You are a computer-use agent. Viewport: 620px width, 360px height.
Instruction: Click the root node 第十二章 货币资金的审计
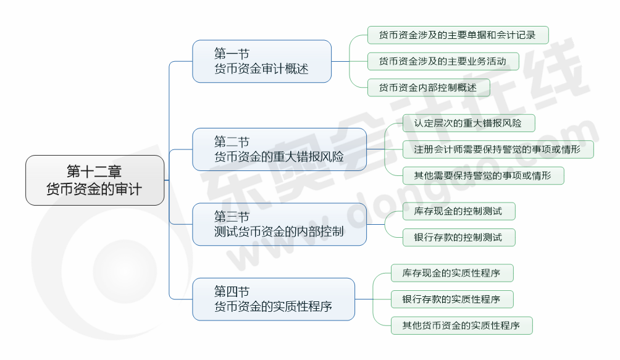95,180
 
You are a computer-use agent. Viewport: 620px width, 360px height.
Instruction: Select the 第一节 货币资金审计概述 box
262,61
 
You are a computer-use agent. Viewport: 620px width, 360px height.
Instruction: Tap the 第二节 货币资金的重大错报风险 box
279,149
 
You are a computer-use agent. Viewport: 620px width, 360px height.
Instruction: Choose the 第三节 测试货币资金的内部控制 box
279,224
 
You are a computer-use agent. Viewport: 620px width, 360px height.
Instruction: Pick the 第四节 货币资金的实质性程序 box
274,299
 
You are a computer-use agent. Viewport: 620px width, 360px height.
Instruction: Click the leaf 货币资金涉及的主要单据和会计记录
458,35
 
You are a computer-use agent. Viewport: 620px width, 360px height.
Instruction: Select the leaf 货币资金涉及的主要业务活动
443,61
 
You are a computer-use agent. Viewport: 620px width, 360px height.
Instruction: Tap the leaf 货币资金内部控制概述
428,88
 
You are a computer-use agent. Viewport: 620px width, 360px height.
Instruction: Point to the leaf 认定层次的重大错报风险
468,123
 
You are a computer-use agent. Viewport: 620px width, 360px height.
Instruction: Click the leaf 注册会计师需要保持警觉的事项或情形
497,149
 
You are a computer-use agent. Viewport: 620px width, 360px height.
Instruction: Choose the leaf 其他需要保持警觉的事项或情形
483,175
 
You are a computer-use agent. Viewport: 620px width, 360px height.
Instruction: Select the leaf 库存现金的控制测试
458,211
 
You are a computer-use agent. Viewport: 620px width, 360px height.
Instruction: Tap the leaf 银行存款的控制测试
458,237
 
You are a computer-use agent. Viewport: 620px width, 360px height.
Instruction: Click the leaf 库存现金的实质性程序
452,272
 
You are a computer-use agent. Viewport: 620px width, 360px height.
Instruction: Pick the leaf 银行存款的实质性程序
452,299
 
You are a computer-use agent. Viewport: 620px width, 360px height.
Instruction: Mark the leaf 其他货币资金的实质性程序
462,325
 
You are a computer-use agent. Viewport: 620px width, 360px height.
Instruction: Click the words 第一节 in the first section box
232,54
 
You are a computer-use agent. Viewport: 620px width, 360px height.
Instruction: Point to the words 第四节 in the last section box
232,291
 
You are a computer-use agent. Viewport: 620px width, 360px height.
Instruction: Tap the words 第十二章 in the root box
94,172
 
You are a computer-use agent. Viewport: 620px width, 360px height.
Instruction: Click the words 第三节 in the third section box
232,217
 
